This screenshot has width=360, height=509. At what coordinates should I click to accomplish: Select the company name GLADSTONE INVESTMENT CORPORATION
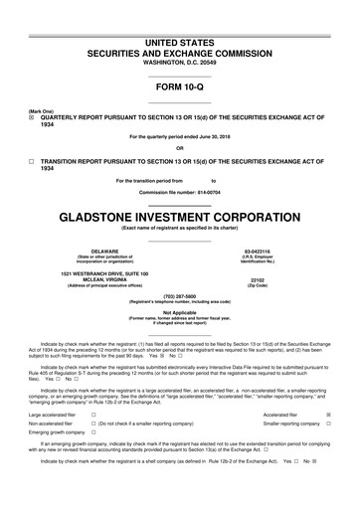180,215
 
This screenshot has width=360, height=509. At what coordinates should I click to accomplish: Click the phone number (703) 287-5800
180,295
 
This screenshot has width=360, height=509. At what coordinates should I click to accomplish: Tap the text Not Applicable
180,311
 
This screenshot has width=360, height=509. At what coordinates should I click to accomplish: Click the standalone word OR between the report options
180,148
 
